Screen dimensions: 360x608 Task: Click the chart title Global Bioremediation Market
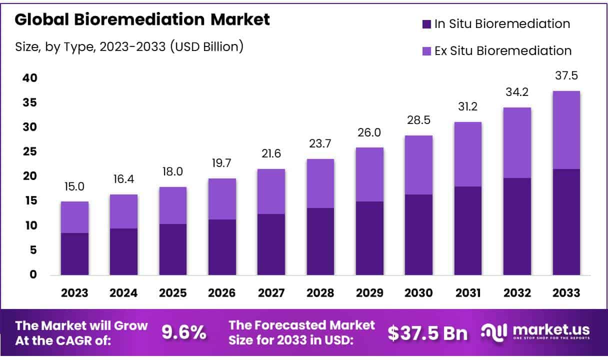click(142, 19)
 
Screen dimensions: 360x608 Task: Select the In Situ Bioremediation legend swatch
click(426, 24)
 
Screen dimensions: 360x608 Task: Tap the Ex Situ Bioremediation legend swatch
click(426, 50)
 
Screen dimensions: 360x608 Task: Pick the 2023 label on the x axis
click(74, 293)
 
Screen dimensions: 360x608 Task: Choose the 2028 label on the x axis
click(320, 293)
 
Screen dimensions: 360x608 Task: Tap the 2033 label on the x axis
click(566, 293)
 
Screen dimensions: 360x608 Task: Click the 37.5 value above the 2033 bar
click(566, 76)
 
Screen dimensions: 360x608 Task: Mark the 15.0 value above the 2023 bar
click(74, 186)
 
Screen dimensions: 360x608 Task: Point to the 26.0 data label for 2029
click(369, 132)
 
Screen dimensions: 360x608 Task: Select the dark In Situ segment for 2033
click(566, 222)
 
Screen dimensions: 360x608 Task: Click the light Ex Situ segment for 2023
click(74, 217)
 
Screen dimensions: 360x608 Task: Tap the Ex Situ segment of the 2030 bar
click(418, 165)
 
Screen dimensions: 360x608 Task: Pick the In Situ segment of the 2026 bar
click(222, 247)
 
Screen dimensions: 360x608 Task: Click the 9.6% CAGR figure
click(183, 331)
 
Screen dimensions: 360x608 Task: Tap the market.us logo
click(535, 332)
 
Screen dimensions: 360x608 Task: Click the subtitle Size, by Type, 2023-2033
click(129, 46)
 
